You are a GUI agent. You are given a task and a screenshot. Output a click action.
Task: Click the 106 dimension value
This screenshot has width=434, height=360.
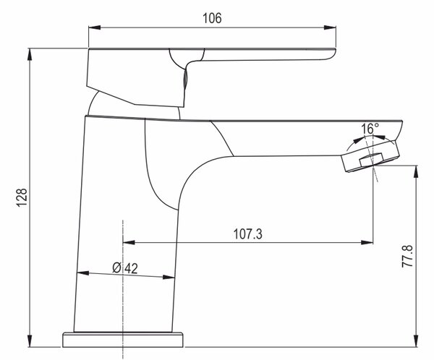[212, 18]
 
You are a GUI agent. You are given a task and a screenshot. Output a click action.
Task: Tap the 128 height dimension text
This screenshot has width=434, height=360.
[22, 197]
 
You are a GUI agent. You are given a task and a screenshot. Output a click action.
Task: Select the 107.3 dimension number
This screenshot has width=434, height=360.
[247, 233]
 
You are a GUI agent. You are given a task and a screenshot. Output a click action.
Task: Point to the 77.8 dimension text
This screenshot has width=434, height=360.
[407, 256]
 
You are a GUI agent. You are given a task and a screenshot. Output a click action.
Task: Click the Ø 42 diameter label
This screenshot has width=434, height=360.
[125, 268]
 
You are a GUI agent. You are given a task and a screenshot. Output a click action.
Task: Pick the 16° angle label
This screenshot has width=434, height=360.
[370, 129]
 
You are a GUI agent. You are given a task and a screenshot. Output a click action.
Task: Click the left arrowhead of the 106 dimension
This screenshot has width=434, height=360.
[94, 27]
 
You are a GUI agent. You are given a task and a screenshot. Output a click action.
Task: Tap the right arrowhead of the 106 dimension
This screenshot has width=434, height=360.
[330, 27]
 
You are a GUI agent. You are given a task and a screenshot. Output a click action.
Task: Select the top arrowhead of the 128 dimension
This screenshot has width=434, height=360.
[30, 54]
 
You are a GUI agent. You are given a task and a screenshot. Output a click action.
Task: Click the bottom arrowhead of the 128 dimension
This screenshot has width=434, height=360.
[30, 341]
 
